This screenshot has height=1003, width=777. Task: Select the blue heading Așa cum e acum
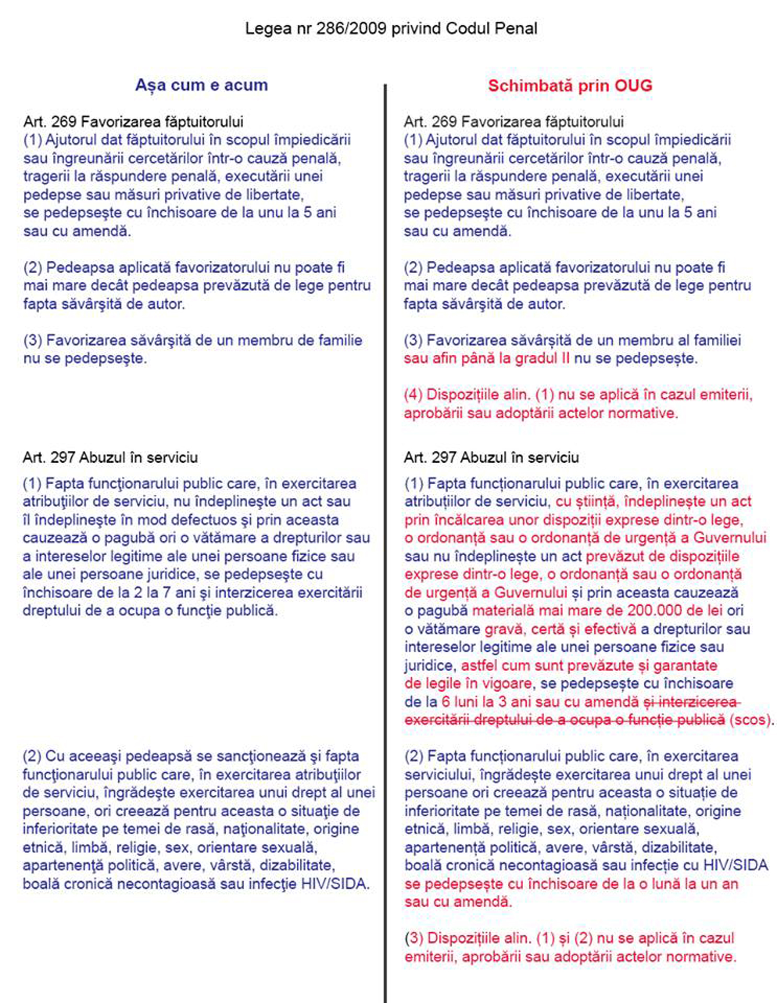[x=201, y=85]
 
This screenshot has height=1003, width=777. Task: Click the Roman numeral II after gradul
[x=565, y=358]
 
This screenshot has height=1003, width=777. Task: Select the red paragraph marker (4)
[x=413, y=395]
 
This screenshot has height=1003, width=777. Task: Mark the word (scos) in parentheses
[x=750, y=720]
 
